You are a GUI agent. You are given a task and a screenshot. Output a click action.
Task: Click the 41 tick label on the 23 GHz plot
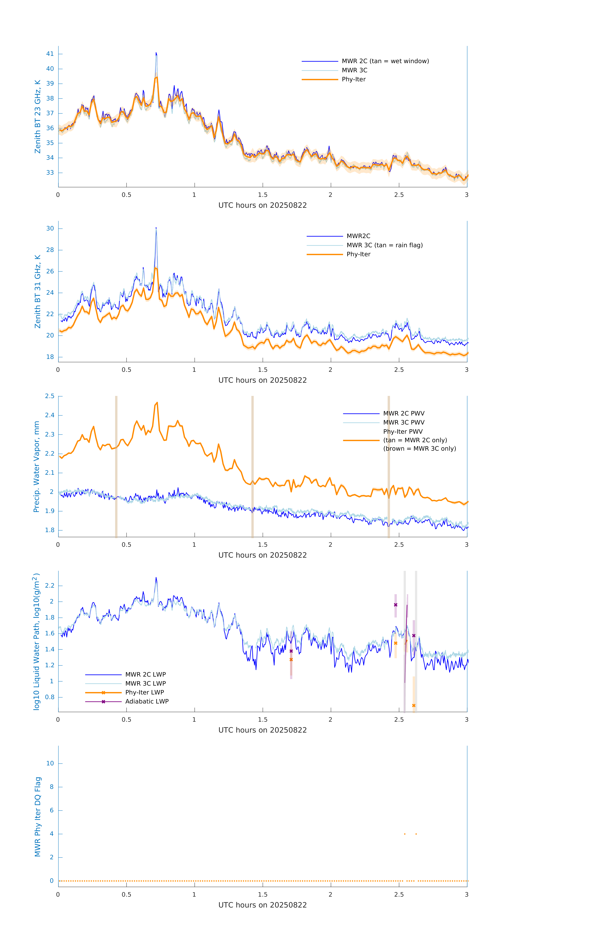tap(50, 54)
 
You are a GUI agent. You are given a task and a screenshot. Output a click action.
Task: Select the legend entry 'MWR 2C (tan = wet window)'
tap(385, 61)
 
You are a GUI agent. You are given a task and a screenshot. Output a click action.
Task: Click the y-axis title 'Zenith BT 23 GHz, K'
tap(38, 117)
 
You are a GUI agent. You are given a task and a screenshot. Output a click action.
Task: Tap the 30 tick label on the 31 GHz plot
tap(50, 229)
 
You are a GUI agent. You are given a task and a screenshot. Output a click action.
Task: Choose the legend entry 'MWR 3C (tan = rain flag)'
tap(384, 245)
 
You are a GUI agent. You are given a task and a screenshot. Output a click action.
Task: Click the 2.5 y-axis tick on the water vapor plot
tap(50, 396)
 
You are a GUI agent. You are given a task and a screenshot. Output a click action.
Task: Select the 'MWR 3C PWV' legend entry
tap(404, 422)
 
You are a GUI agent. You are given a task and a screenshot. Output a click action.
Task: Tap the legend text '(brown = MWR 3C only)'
tap(419, 449)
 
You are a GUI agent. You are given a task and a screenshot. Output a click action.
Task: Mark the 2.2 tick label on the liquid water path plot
tap(50, 585)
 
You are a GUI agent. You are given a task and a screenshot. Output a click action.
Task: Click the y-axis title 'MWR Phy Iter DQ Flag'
tap(38, 817)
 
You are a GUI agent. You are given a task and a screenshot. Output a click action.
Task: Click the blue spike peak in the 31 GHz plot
tap(156, 228)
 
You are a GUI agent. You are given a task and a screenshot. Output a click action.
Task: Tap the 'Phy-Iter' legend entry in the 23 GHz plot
tap(354, 79)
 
